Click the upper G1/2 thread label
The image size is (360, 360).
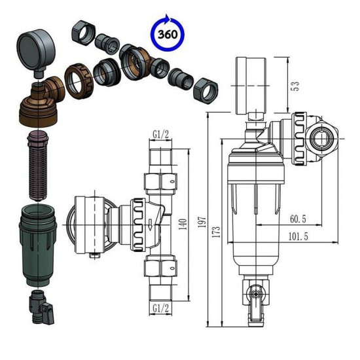(162, 135)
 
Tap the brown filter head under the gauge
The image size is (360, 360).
(39, 108)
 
